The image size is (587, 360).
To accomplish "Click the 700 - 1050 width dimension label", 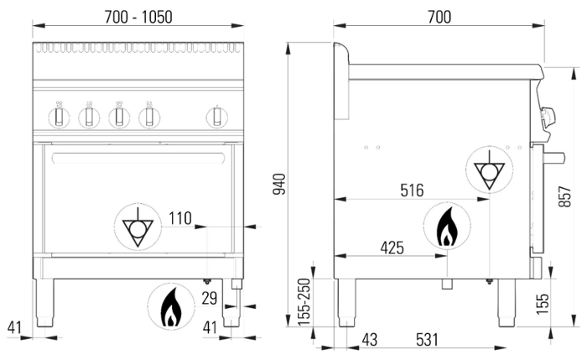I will point(138,17).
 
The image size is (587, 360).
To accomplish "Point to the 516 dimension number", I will point(412,190).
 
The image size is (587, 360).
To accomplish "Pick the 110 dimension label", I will point(180,220).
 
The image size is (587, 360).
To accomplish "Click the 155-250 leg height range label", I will point(305,302).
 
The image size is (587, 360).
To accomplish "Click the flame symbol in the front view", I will point(170,308).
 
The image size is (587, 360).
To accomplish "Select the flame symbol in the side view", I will point(447,225).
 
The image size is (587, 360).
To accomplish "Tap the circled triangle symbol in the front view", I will point(134,226).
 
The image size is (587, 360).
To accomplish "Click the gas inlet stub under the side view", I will point(448,285).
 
